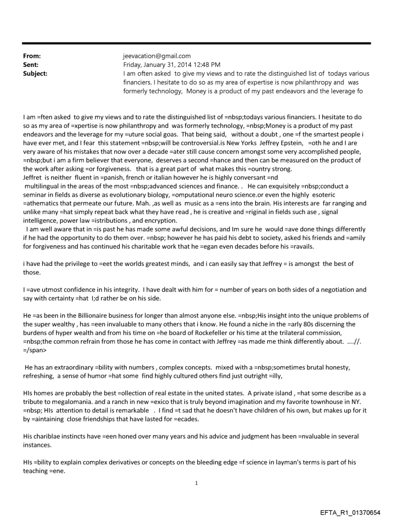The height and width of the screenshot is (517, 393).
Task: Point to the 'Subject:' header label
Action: click(36, 73)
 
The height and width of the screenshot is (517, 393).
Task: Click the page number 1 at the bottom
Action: click(196, 483)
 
